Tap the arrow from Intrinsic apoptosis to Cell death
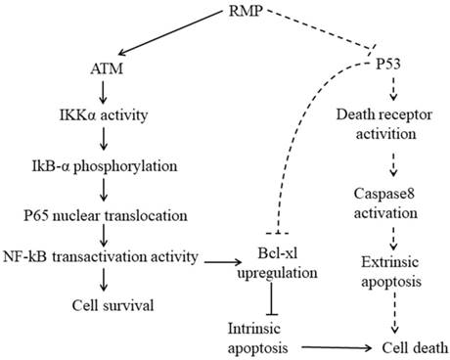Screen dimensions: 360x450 click(x=337, y=346)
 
